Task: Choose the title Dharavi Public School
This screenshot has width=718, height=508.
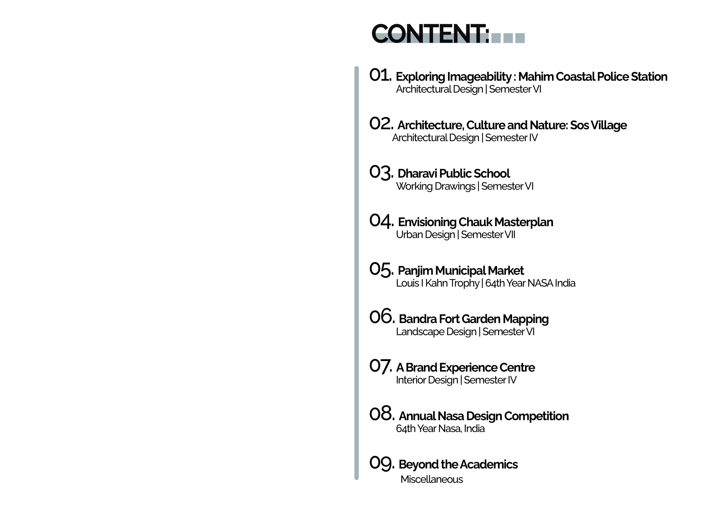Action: click(453, 173)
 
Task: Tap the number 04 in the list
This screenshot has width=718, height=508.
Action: click(381, 221)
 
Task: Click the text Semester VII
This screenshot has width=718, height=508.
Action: click(488, 235)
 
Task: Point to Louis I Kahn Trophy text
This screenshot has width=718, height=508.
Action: click(437, 283)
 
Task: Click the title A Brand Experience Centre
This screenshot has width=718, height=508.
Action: click(465, 367)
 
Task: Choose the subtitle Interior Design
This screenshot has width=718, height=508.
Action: click(426, 380)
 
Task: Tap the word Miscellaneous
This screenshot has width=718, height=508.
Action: click(432, 479)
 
